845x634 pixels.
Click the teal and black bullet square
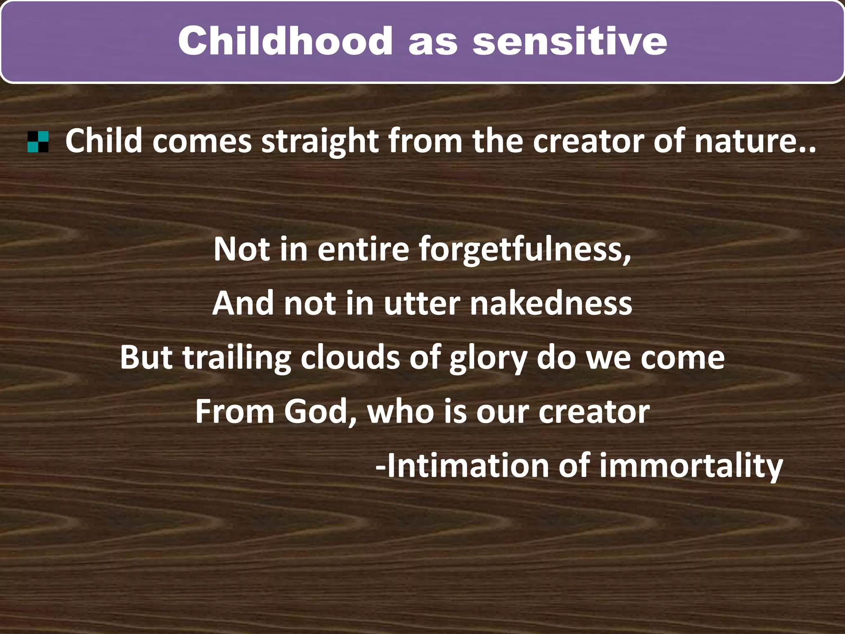pos(38,142)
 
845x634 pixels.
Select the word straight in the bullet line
pos(320,141)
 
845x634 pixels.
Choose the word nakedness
pos(551,303)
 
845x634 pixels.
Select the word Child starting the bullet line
pos(104,141)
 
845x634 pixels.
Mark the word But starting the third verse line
pos(146,357)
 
